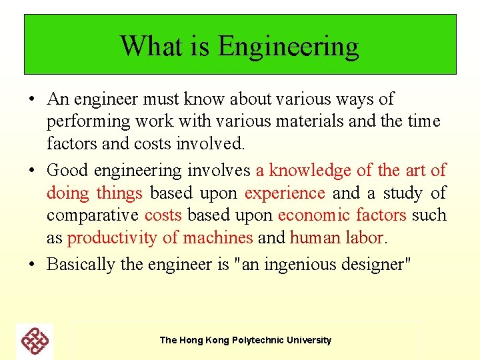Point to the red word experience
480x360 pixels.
click(x=285, y=193)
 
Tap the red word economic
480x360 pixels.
click(x=314, y=215)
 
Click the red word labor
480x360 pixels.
click(x=368, y=238)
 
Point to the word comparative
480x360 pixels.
click(x=93, y=215)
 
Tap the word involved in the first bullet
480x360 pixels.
click(x=218, y=144)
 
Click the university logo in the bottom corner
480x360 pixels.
click(x=35, y=341)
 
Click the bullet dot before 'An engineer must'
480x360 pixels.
click(x=32, y=100)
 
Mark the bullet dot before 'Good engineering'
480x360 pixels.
click(x=32, y=171)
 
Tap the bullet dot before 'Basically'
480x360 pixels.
click(x=32, y=265)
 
